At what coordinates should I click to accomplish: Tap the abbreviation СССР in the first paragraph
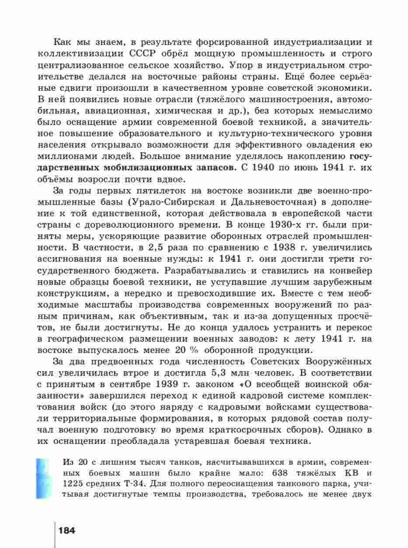[143, 54]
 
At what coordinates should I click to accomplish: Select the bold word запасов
[216, 167]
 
